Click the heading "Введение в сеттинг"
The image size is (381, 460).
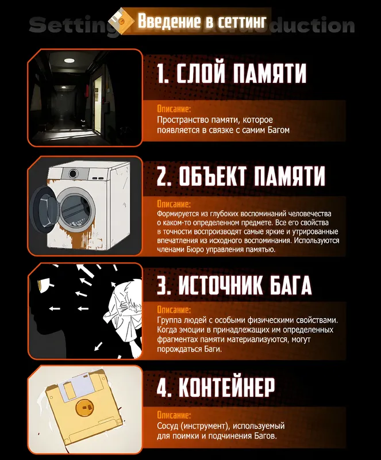pos(202,21)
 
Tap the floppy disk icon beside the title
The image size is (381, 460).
pos(121,21)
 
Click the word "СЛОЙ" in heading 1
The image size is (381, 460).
pos(201,73)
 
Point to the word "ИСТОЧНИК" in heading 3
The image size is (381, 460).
pos(220,285)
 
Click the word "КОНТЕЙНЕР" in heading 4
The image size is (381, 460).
pos(227,386)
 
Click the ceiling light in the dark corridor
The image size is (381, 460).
pos(70,60)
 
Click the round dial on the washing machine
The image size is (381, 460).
pos(73,174)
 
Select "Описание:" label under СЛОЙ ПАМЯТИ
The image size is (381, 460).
pos(174,109)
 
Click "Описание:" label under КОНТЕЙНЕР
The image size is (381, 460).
pos(174,415)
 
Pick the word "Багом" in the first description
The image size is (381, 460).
pos(278,130)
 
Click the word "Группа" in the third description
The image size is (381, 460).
pos(169,320)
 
